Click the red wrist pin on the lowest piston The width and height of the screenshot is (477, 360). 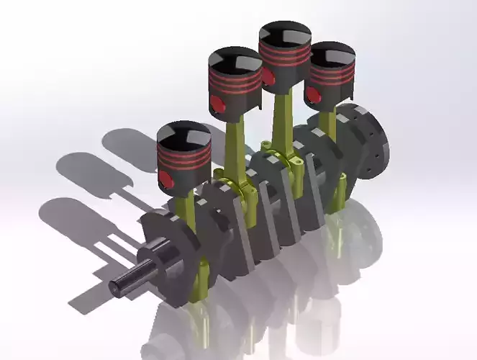[165, 179]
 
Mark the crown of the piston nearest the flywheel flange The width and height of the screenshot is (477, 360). [331, 55]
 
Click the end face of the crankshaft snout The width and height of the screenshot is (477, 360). [117, 288]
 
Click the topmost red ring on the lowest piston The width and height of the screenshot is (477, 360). [184, 153]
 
